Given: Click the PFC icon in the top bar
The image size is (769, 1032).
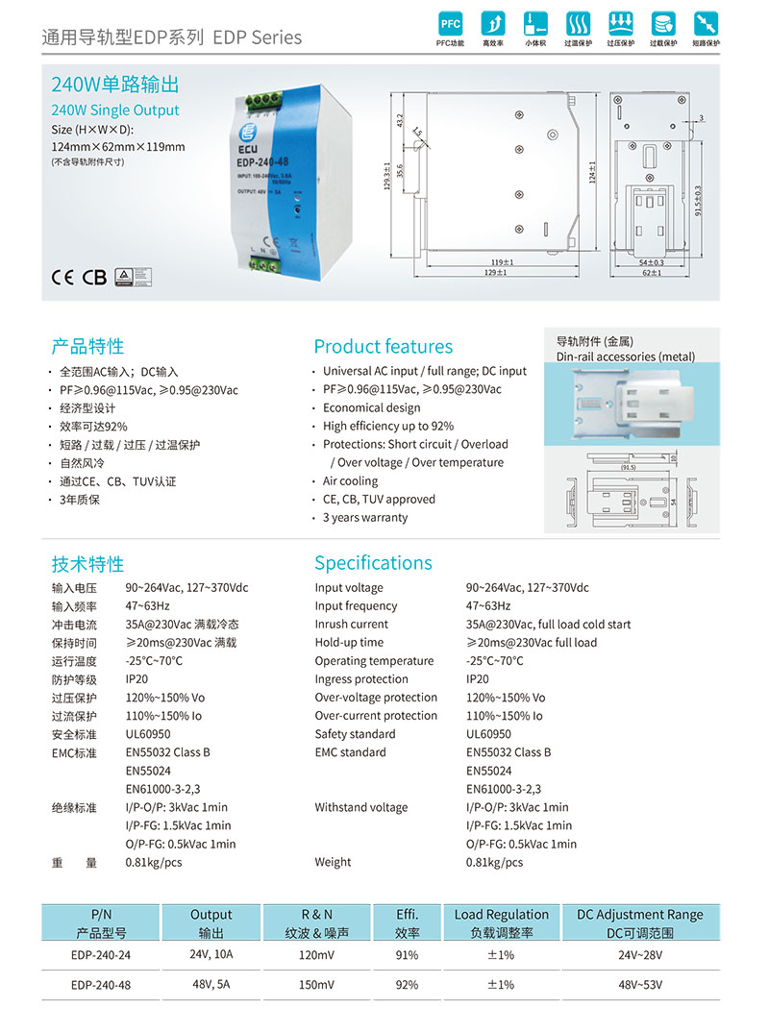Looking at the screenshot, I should tap(450, 24).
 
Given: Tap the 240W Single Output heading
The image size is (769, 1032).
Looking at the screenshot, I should tap(115, 111).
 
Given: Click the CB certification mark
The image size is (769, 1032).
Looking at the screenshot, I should tap(94, 278).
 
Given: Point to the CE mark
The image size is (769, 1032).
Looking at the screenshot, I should tap(62, 278).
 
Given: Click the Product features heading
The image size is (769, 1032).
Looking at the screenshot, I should tap(383, 347).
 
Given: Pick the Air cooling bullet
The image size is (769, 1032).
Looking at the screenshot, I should tap(350, 480).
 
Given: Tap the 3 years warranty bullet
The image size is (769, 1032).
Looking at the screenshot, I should tap(364, 517).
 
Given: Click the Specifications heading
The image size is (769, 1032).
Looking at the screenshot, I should tap(373, 563).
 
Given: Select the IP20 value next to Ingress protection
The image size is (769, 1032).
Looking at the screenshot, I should tap(479, 679).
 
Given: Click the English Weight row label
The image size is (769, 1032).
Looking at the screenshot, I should tap(333, 862).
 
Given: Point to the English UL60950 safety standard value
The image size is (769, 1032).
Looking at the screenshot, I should tap(488, 734).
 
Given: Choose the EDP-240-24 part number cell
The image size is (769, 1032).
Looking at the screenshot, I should tap(101, 955).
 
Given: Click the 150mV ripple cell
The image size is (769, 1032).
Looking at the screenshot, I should tap(316, 985).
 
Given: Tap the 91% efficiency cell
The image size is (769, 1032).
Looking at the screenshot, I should tap(407, 955).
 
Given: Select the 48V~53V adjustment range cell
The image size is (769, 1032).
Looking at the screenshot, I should tap(640, 985).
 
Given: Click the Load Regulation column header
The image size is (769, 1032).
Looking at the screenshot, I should tap(501, 915).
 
